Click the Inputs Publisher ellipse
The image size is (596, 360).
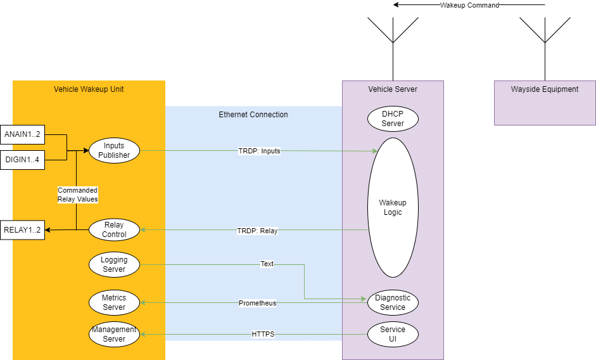(x=114, y=150)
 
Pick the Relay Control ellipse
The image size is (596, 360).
(x=114, y=229)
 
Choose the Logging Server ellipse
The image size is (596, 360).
(x=114, y=264)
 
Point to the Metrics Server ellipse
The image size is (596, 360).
(x=114, y=302)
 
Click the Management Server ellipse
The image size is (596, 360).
(x=114, y=334)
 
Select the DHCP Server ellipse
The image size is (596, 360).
(x=393, y=119)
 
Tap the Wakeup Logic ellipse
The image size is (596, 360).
(x=393, y=207)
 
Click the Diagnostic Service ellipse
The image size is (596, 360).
(x=393, y=302)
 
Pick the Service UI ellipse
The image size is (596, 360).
(x=393, y=334)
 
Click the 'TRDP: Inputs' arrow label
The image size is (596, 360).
(x=259, y=151)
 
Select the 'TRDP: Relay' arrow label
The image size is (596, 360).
(x=257, y=231)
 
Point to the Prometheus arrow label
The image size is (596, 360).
(x=257, y=303)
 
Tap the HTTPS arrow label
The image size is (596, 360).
(x=263, y=334)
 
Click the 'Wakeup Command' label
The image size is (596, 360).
(x=469, y=5)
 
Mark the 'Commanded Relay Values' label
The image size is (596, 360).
(x=77, y=195)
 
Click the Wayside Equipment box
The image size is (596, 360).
(x=545, y=103)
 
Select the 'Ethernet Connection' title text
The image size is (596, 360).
(x=253, y=115)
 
